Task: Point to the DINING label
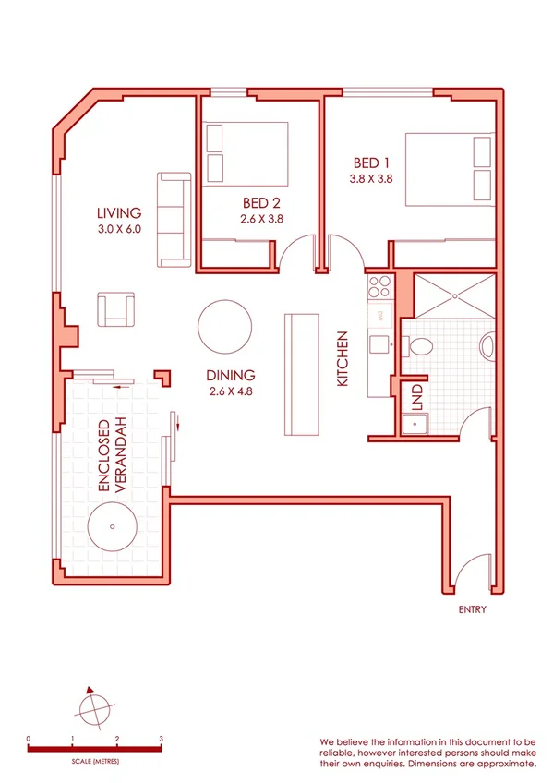[231, 375]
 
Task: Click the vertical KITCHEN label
[343, 358]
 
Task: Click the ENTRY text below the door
[472, 609]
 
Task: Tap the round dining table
[223, 326]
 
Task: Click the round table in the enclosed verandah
[112, 529]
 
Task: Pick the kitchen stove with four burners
[379, 286]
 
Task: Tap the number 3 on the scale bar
[161, 740]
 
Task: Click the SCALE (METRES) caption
[95, 763]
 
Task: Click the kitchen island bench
[301, 374]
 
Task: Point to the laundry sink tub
[414, 425]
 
